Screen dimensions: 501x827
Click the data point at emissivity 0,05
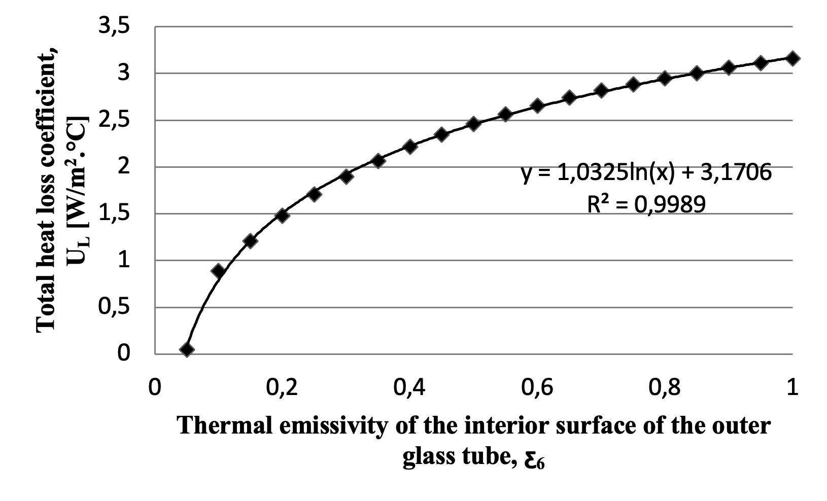(x=187, y=349)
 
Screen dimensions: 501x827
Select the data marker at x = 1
(x=792, y=58)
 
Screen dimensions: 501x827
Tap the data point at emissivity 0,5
(x=473, y=124)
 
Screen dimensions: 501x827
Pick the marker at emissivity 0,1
(x=219, y=271)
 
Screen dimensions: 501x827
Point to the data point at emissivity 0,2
(x=283, y=215)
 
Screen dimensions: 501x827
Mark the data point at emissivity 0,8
(x=665, y=78)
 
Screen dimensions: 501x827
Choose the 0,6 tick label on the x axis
(x=537, y=388)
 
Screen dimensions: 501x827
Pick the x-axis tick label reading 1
(x=792, y=388)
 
